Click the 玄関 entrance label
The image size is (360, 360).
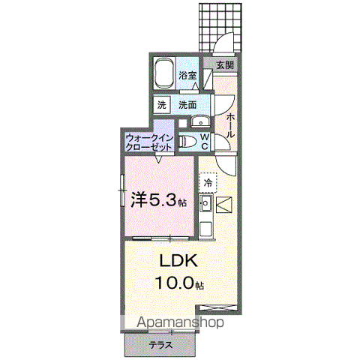224,65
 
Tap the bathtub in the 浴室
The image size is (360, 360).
165,75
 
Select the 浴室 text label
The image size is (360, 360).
187,75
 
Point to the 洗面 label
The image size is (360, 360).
187,106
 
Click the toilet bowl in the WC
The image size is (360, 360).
190,142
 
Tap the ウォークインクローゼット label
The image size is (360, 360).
150,142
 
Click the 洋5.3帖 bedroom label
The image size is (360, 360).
159,200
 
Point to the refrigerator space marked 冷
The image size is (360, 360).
207,182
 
